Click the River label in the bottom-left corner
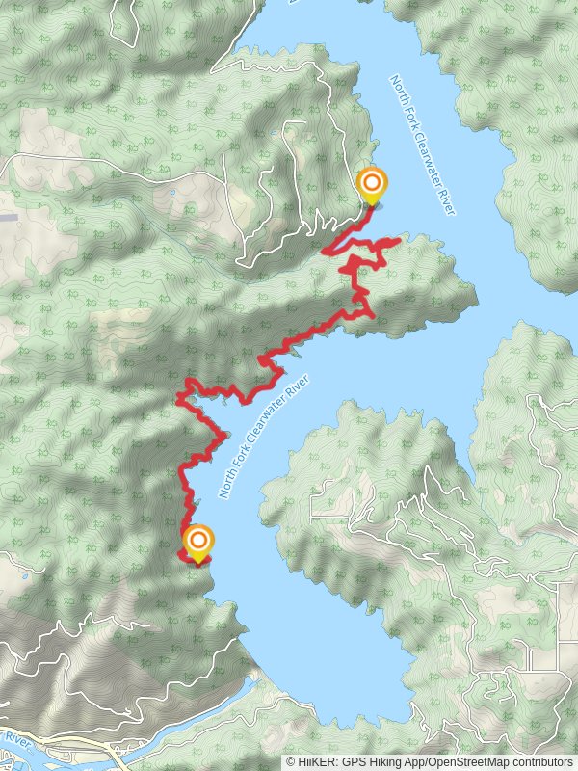[13, 739]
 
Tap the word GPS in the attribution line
[359, 761]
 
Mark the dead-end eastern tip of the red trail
[399, 240]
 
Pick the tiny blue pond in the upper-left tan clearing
[171, 192]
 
